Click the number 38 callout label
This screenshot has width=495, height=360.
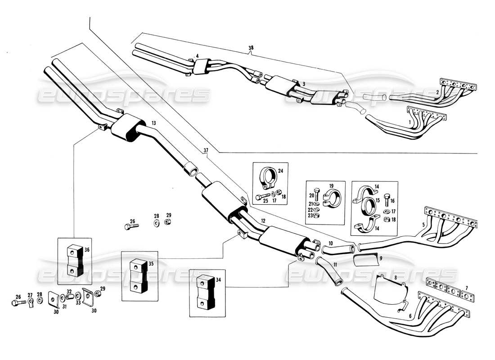pos(250,47)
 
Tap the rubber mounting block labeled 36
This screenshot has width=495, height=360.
pos(74,261)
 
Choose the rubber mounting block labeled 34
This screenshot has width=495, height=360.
pos(205,292)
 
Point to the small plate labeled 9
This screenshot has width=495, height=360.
pos(365,260)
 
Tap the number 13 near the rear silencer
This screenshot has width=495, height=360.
pos(153,123)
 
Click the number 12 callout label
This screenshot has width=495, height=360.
pos(263,221)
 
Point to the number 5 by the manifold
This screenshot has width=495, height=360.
pos(423,224)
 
